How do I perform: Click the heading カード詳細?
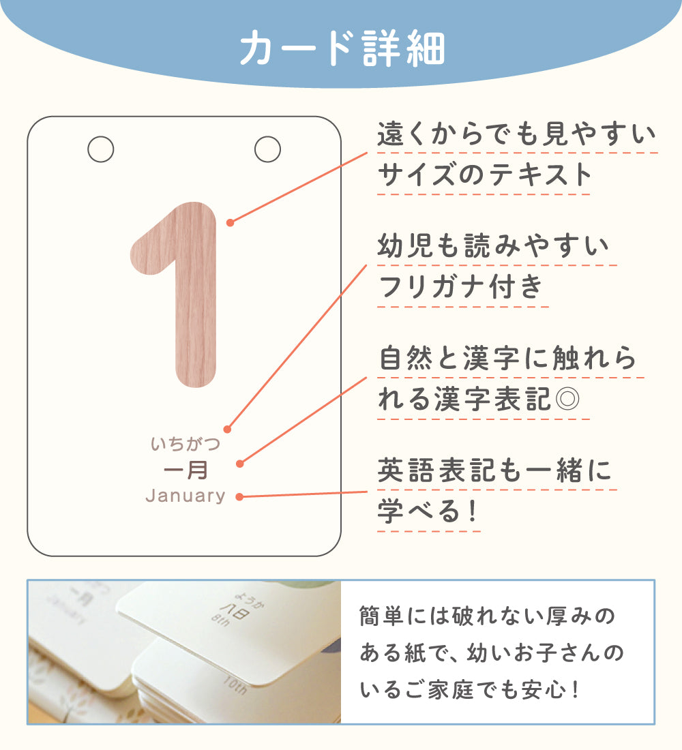click(x=342, y=48)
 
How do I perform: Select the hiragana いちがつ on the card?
click(x=186, y=444)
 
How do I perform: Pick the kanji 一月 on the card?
click(x=186, y=470)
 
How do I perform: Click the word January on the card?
click(x=186, y=496)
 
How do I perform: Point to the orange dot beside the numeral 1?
click(x=231, y=222)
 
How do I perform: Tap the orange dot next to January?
click(x=240, y=497)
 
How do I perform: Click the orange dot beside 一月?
click(x=240, y=464)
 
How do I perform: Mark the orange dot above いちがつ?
click(x=228, y=430)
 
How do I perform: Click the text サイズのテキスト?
click(x=484, y=175)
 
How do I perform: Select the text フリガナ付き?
click(x=461, y=287)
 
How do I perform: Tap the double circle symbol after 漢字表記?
click(x=567, y=398)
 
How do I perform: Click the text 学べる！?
click(x=428, y=511)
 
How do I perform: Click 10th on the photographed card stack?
click(x=235, y=687)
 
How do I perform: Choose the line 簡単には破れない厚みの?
click(x=487, y=616)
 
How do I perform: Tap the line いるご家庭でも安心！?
click(x=470, y=690)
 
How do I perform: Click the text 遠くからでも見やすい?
click(x=516, y=134)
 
